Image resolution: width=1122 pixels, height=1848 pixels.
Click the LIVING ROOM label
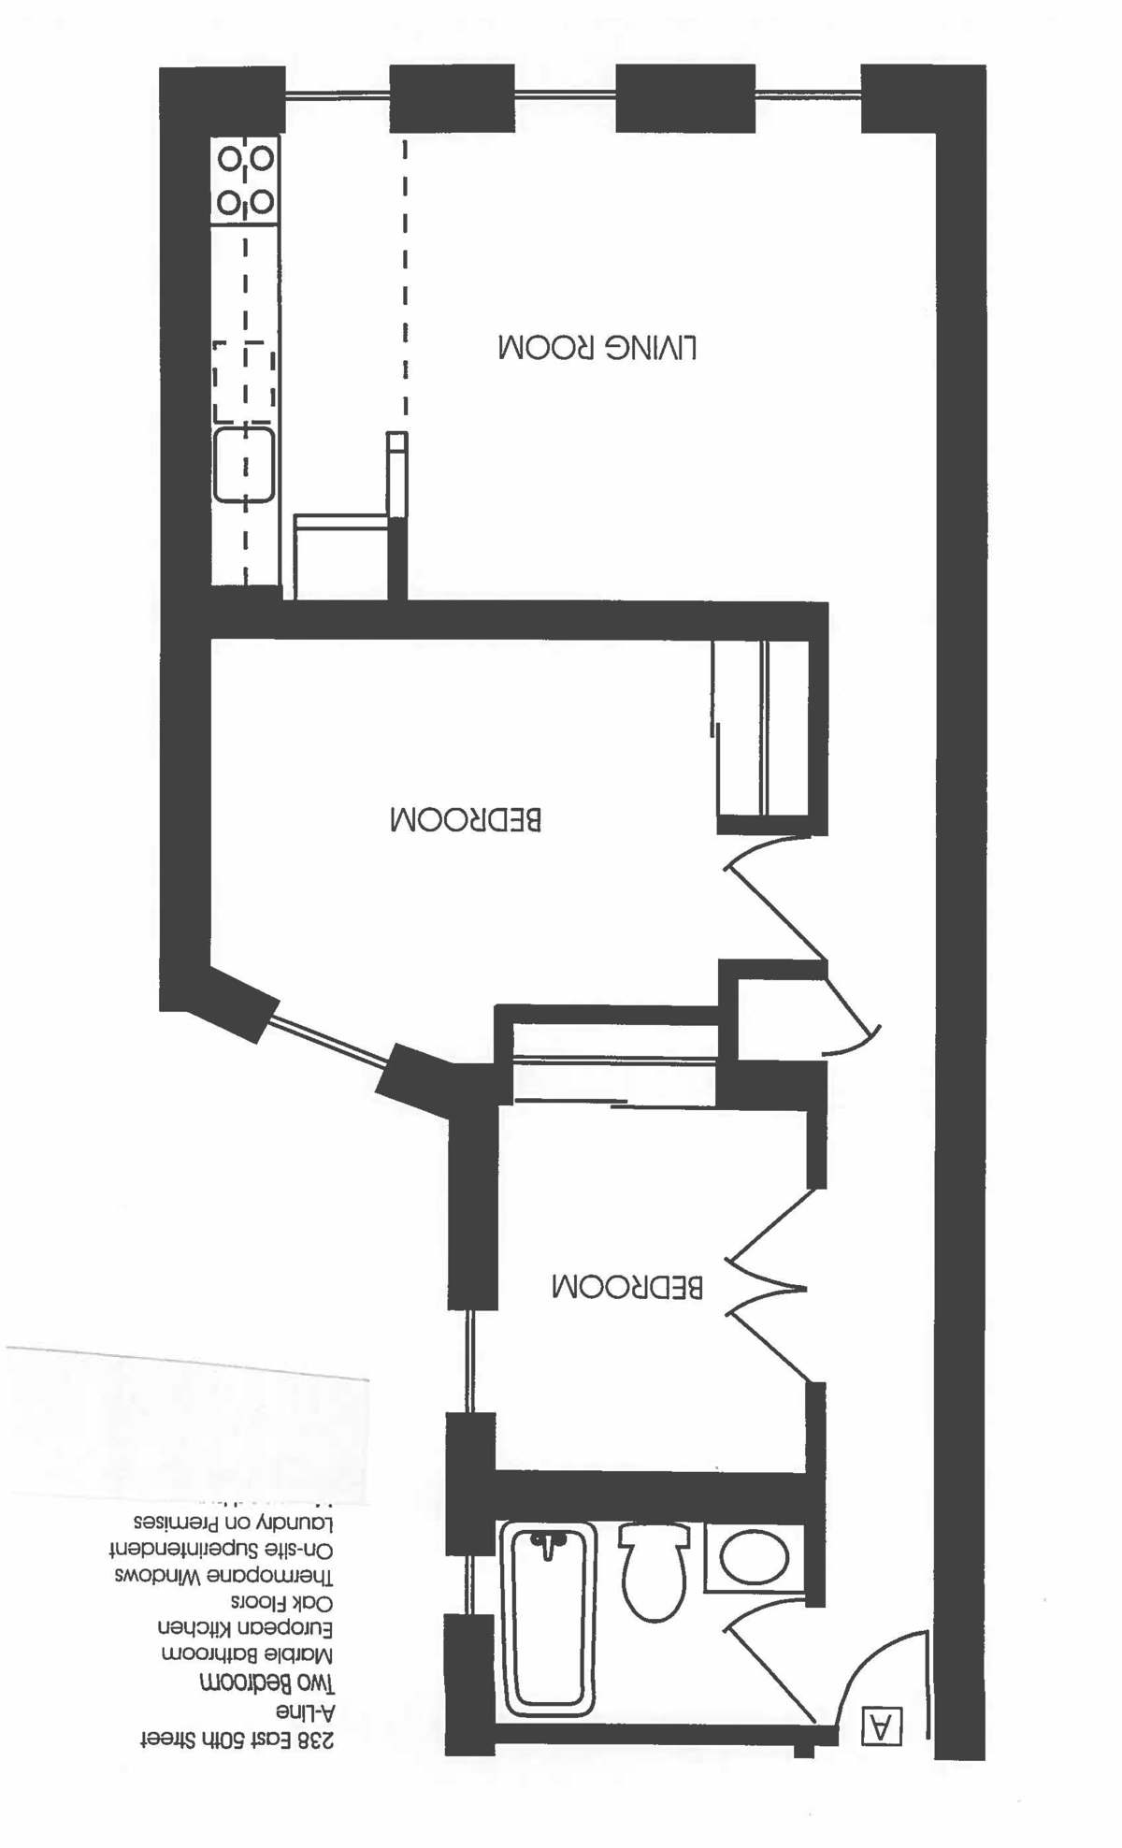(597, 348)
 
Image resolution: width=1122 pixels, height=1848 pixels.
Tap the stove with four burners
(246, 180)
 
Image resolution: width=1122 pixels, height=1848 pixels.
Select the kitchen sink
(244, 465)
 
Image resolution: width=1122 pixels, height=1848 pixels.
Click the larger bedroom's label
(466, 819)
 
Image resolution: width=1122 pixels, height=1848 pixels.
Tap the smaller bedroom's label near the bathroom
(626, 1286)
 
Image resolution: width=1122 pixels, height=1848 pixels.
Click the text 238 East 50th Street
(237, 1740)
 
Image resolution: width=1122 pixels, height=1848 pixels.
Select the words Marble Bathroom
(248, 1654)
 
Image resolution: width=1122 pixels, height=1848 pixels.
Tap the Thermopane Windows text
(224, 1576)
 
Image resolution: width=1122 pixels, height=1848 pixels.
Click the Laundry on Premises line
(233, 1522)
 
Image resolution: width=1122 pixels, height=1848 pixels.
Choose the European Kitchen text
(245, 1628)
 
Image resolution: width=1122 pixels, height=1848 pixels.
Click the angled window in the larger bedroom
(327, 1039)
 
